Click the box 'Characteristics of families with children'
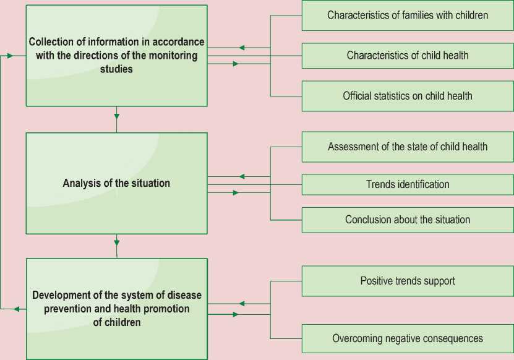tap(408, 15)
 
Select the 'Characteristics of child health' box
tap(408, 56)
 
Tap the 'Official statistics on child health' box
tap(408, 96)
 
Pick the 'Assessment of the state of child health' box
tap(408, 147)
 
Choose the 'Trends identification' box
tap(408, 184)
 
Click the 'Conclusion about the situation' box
tap(408, 220)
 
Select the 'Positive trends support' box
tap(408, 281)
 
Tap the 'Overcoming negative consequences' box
tap(408, 338)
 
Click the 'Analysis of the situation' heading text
tap(116, 183)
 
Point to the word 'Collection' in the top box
tap(50, 42)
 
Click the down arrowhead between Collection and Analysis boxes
tap(116, 114)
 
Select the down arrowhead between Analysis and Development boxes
tap(116, 242)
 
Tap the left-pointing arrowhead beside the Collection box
tap(242, 48)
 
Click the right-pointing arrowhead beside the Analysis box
tap(236, 193)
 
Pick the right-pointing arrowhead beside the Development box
tap(236, 315)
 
